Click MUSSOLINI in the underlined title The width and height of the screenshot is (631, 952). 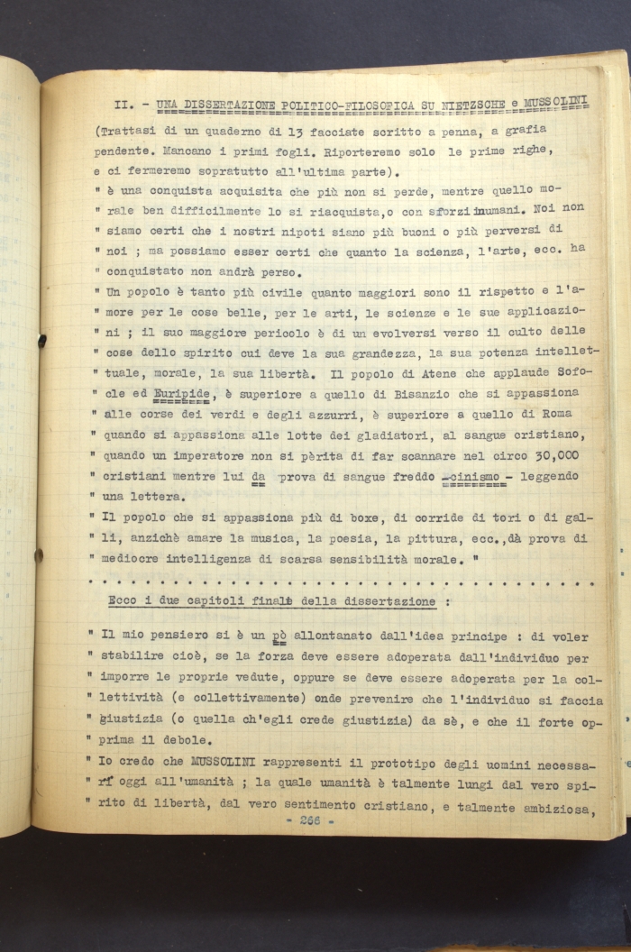(x=554, y=102)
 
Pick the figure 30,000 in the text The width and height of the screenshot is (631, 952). (x=549, y=455)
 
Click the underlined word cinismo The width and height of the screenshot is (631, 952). (x=477, y=476)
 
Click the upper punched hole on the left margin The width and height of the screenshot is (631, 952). (x=41, y=341)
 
